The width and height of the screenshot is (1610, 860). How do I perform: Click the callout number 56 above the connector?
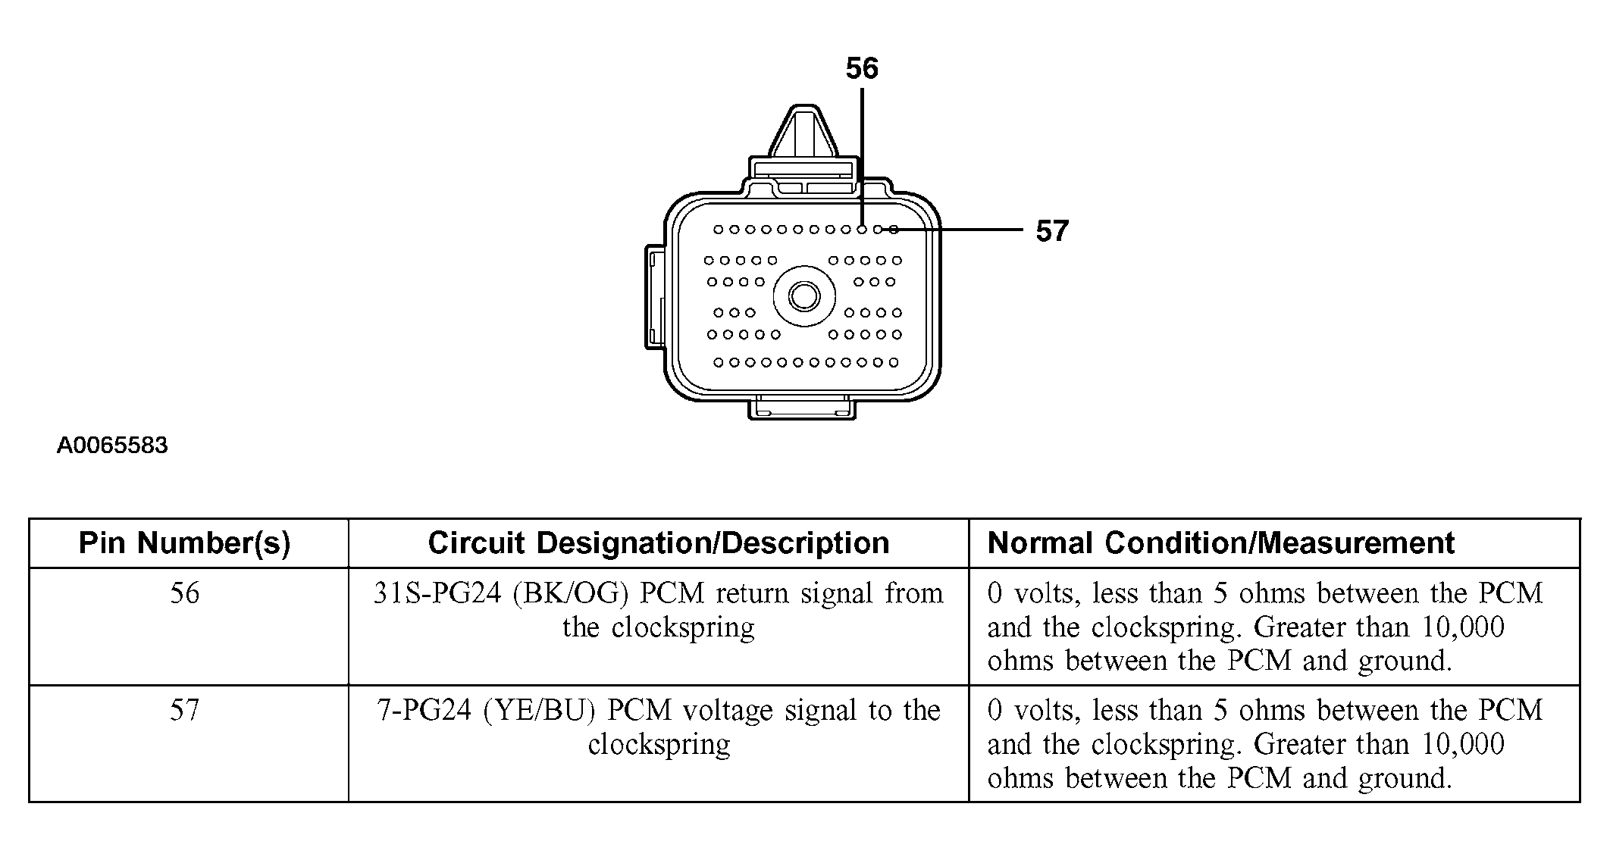tap(862, 69)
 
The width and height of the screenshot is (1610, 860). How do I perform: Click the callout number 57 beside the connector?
tap(1052, 231)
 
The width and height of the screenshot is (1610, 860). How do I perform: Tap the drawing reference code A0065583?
tap(112, 446)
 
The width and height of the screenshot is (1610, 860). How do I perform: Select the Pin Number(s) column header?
tap(185, 543)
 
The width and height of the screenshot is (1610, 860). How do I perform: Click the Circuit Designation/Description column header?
tap(658, 543)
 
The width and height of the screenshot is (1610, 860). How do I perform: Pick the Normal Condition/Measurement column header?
tap(1220, 543)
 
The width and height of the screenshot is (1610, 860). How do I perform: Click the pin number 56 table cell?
tap(185, 593)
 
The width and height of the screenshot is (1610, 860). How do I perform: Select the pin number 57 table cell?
tap(185, 711)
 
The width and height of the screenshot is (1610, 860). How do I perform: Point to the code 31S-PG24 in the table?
tap(437, 593)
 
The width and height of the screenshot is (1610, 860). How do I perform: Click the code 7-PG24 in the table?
tap(424, 711)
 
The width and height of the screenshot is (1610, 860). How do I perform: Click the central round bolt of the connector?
tap(803, 296)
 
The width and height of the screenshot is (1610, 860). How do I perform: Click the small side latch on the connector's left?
tap(655, 297)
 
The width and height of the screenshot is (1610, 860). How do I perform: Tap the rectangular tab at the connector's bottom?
tap(802, 409)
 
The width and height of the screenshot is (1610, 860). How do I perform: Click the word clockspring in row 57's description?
tap(659, 745)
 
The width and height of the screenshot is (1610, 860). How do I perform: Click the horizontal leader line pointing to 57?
tap(963, 229)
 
